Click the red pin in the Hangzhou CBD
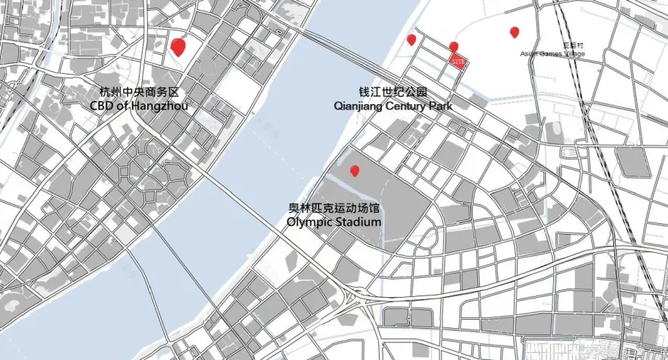click(x=178, y=47)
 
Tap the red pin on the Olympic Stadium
click(x=354, y=171)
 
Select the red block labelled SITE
click(x=458, y=61)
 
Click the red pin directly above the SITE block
click(x=454, y=47)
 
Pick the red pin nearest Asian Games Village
click(x=515, y=32)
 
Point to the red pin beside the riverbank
click(x=411, y=39)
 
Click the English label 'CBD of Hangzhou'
click(x=139, y=106)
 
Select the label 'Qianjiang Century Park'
click(x=393, y=106)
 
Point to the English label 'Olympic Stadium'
click(x=334, y=222)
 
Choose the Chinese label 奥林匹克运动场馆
click(x=334, y=208)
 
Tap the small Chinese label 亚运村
click(x=571, y=46)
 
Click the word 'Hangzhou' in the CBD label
click(x=159, y=106)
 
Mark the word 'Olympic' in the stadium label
click(x=310, y=222)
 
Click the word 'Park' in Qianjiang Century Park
click(x=441, y=106)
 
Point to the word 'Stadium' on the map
click(x=358, y=222)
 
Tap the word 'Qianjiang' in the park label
click(x=359, y=106)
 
